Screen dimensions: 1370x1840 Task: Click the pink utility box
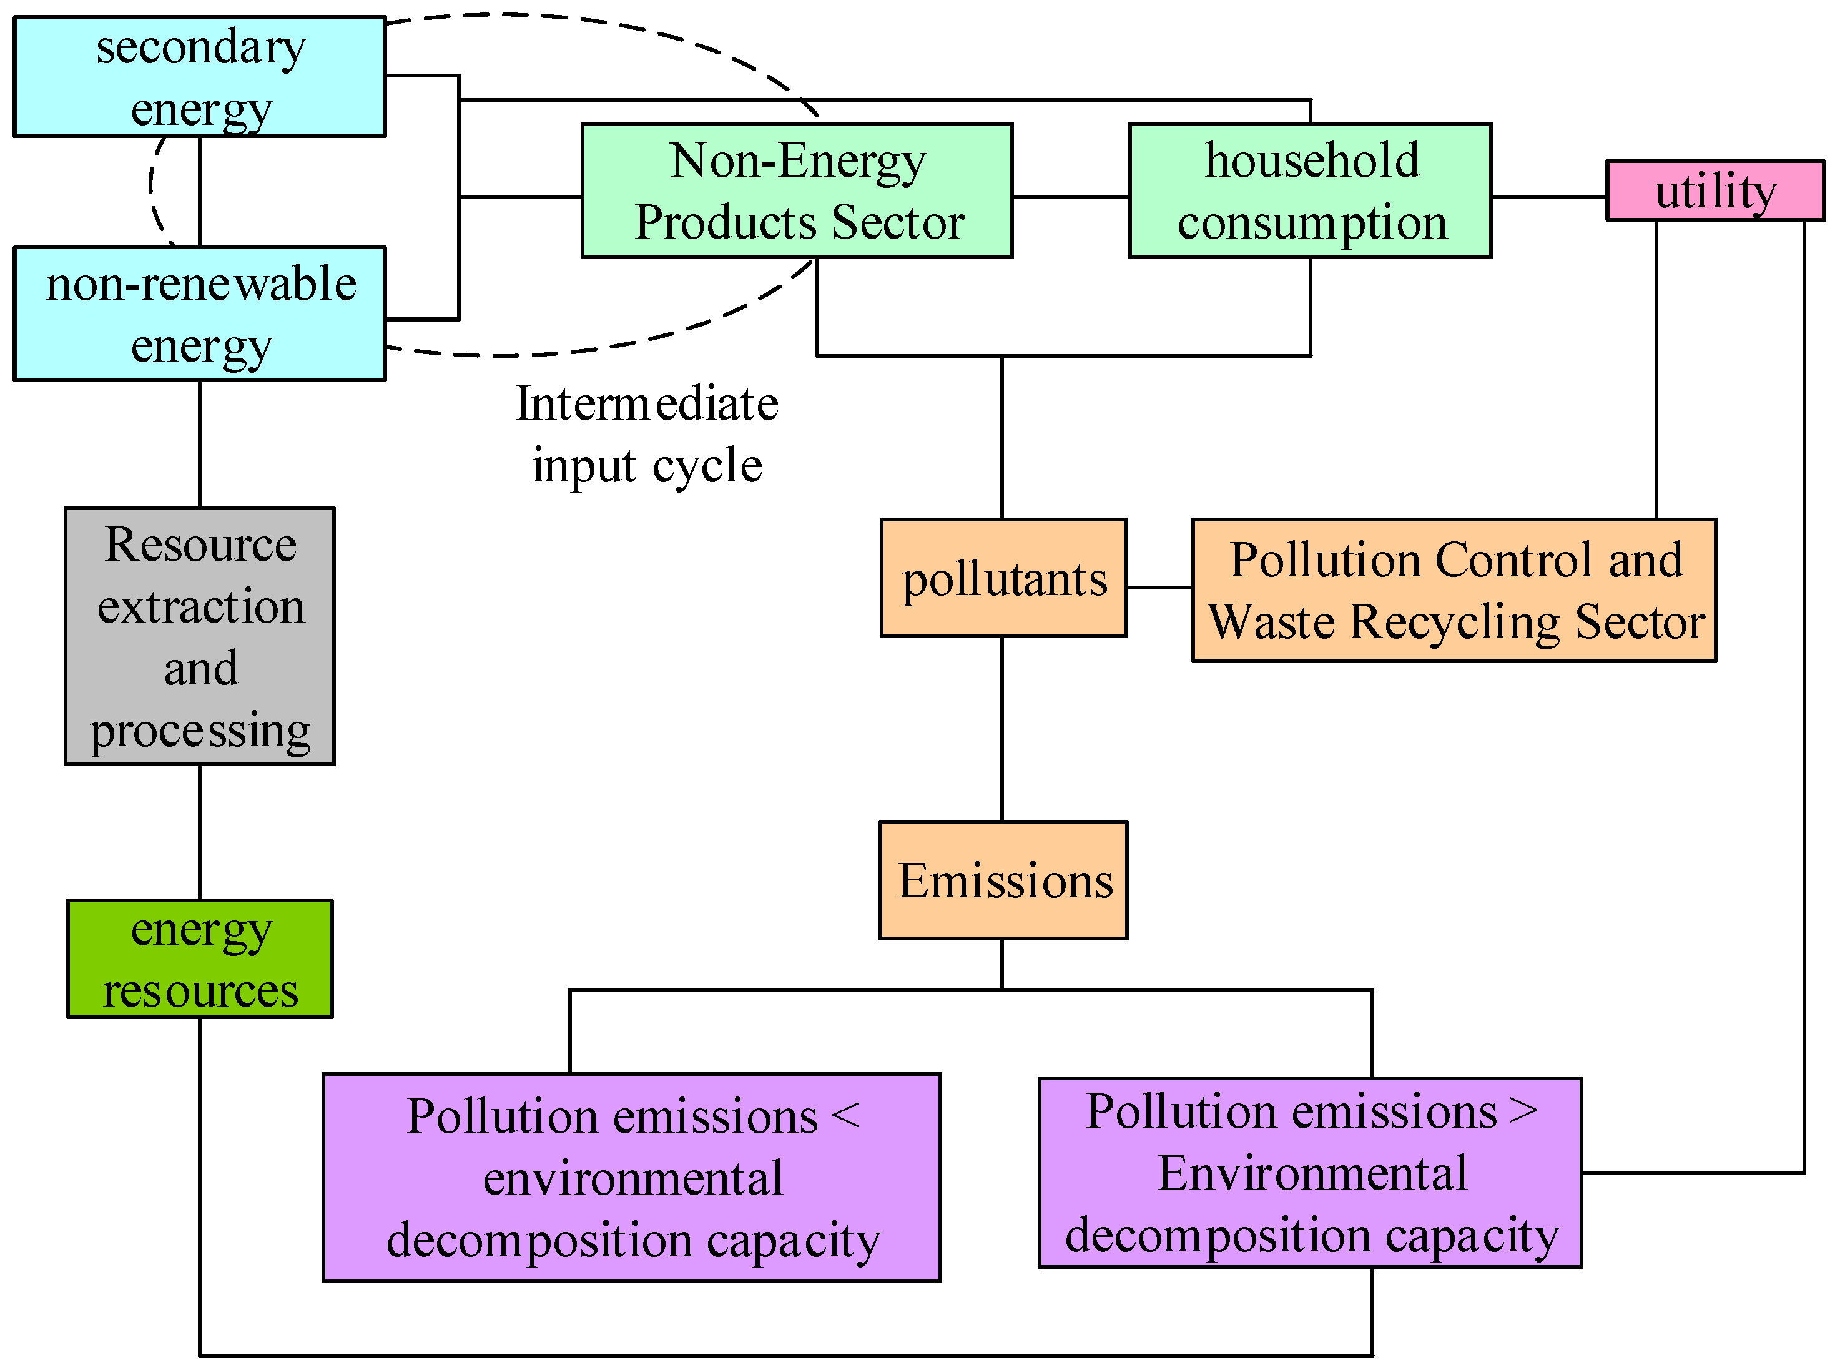point(1714,190)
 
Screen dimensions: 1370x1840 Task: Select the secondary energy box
point(200,76)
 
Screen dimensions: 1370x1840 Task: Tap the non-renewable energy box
point(200,313)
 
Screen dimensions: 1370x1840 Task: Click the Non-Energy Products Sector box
point(797,190)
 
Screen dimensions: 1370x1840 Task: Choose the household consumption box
point(1310,190)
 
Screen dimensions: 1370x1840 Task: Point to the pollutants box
point(1003,578)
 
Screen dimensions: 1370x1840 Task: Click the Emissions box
point(1003,880)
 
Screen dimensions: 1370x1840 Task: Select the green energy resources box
point(200,959)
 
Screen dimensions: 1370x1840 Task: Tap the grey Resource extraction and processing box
point(200,636)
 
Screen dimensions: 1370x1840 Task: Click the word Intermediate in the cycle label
point(647,404)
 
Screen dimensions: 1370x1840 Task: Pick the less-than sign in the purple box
point(845,1115)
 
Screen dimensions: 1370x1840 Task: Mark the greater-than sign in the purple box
point(1523,1111)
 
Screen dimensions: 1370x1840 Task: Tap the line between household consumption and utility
point(1548,197)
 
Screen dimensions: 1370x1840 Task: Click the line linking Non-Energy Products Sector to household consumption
point(1070,197)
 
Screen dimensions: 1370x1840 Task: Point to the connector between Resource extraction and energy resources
point(200,832)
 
